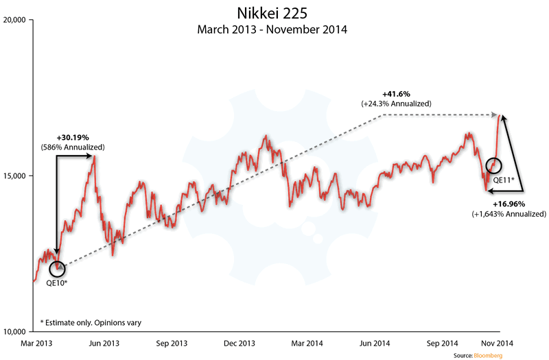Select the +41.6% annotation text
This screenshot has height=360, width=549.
396,93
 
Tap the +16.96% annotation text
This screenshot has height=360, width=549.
509,204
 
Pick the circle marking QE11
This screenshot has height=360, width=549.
493,165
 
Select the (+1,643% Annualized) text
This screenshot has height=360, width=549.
509,214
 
